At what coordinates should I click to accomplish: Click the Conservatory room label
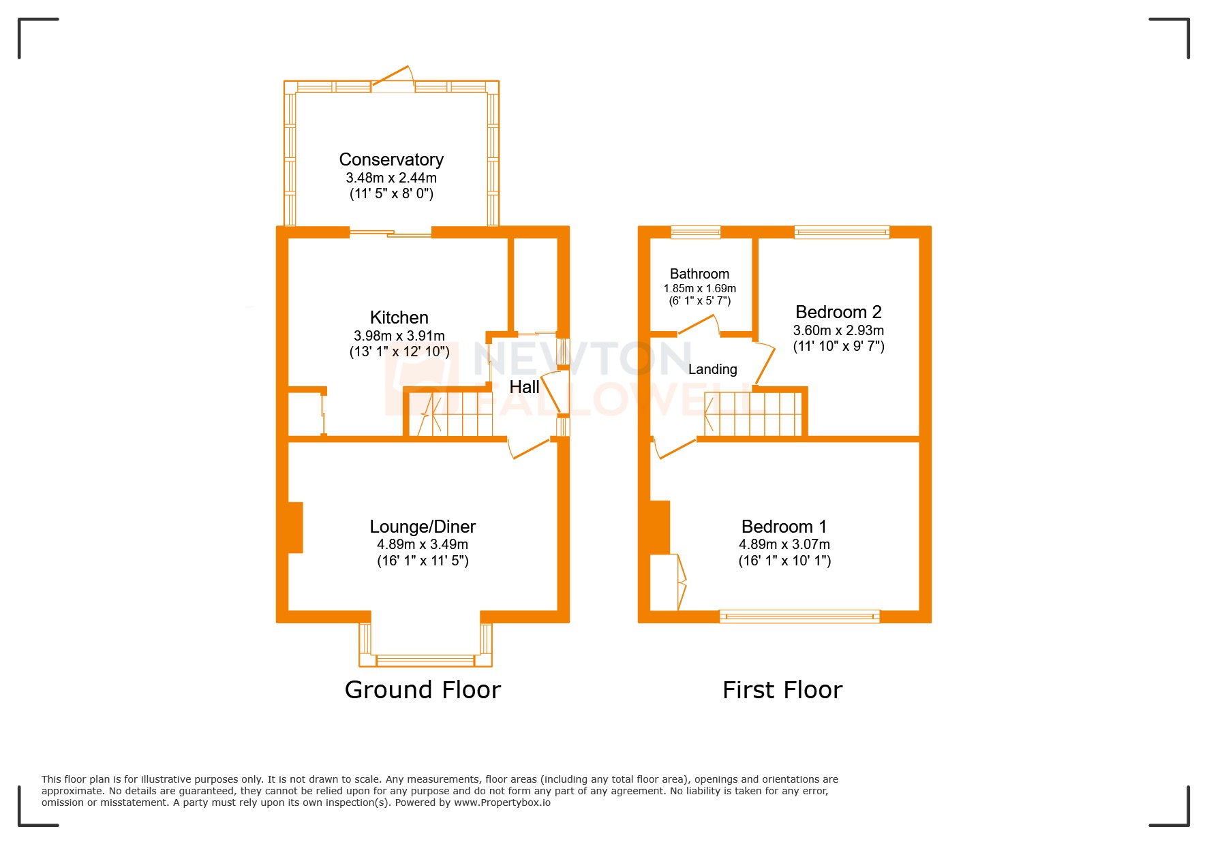coord(391,159)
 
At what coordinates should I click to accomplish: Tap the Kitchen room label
coord(399,317)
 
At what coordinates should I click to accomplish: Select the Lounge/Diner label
coord(423,527)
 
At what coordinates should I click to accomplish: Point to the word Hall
coord(524,387)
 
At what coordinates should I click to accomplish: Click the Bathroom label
coord(699,274)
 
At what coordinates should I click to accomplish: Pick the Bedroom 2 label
coord(838,312)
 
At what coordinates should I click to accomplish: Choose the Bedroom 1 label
coord(784,527)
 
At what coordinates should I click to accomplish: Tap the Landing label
coord(712,369)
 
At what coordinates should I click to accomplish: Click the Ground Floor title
coord(423,690)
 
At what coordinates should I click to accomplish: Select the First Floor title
coord(782,690)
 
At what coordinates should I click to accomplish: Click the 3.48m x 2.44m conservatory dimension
coord(391,178)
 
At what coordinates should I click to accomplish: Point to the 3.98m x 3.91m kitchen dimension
coord(399,336)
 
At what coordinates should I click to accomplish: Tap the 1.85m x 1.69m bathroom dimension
coord(699,288)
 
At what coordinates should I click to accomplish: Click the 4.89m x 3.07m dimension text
coord(784,544)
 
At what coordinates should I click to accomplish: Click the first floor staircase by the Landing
coord(753,413)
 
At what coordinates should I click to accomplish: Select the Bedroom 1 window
coord(799,616)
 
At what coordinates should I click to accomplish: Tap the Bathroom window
coord(695,232)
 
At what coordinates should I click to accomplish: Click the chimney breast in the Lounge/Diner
coord(295,527)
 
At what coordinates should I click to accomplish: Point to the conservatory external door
coord(393,80)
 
